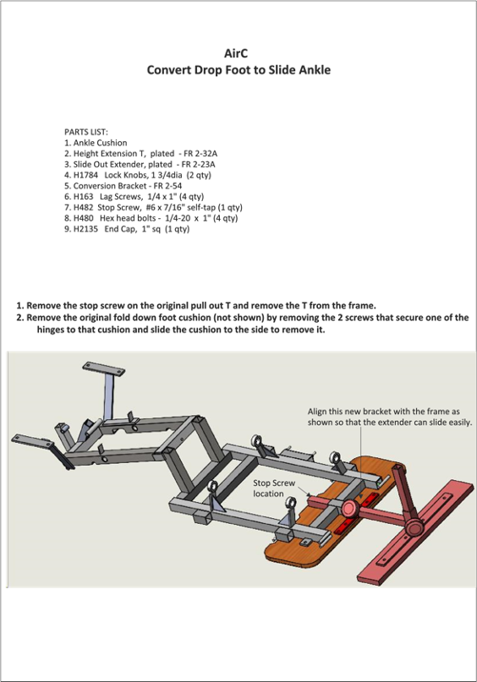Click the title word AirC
236,53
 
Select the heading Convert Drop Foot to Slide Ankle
238,70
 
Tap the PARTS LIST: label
86,132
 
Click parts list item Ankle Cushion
96,143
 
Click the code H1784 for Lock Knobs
85,175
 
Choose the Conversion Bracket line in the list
123,186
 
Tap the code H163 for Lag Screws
83,197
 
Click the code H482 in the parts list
83,207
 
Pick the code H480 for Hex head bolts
83,218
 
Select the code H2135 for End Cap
85,229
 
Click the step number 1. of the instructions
20,305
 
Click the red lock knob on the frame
349,508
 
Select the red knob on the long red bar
414,527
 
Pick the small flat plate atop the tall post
103,369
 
